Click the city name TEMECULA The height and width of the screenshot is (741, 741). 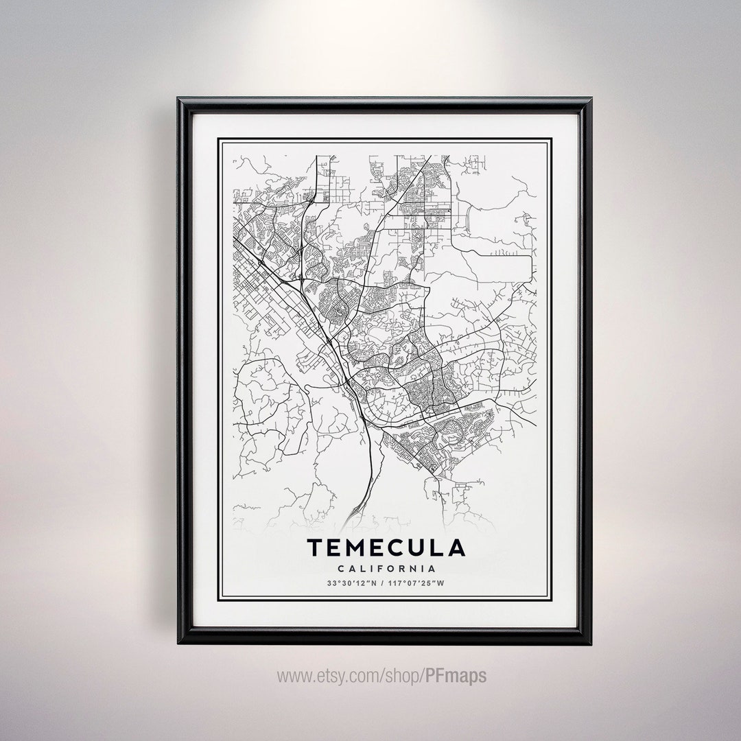(x=386, y=548)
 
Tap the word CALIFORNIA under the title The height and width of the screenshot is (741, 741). (x=386, y=569)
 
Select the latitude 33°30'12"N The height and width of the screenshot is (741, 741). (x=351, y=584)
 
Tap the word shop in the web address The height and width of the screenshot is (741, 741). (x=395, y=676)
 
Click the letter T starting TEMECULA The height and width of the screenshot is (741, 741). (x=314, y=548)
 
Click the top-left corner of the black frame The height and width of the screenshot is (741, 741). (x=180, y=100)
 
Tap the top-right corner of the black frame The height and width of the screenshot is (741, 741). (x=589, y=100)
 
